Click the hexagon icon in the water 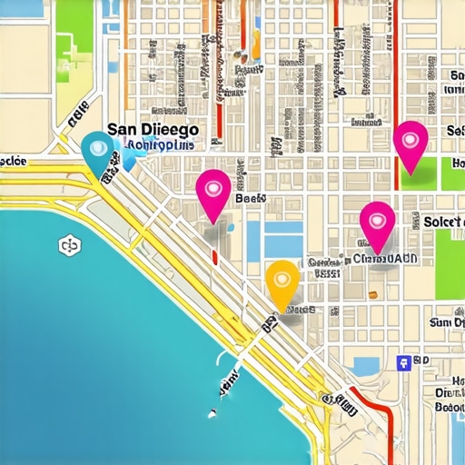(x=67, y=245)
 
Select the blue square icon (x=403, y=362)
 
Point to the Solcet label (x=444, y=222)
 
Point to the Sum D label (x=446, y=322)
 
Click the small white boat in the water (x=212, y=414)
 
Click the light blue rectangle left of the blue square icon (x=366, y=365)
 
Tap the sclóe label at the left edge (x=14, y=161)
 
